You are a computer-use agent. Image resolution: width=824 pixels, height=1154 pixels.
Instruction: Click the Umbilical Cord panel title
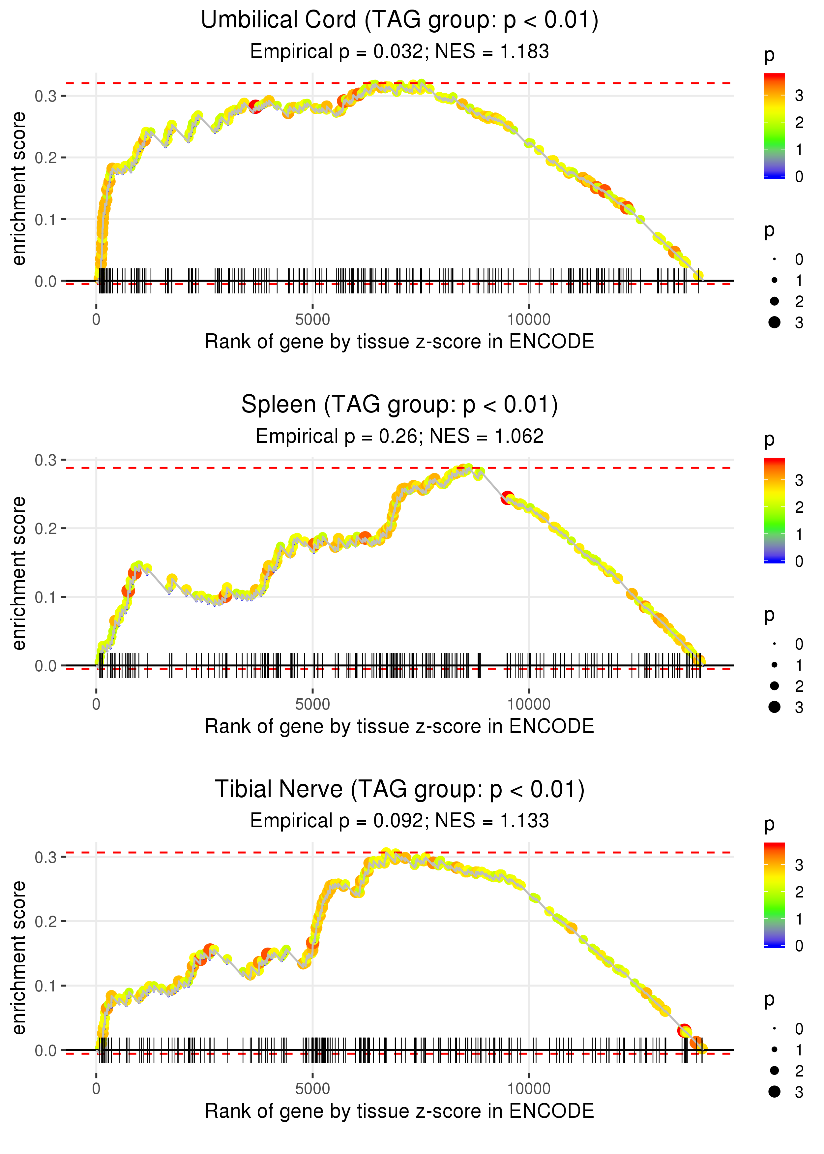coord(399,20)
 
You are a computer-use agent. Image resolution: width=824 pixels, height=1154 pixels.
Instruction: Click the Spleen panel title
coord(399,405)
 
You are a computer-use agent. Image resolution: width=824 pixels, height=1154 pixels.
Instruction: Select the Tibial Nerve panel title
coord(399,790)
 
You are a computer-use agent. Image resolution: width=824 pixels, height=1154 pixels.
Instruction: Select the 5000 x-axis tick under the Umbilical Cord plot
coord(312,320)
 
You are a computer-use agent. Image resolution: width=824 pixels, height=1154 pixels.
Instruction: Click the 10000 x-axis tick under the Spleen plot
coord(529,704)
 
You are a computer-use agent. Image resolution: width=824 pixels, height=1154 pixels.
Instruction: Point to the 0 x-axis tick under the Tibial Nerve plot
coord(96,1089)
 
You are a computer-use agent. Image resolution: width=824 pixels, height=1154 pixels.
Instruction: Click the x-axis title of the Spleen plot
coord(399,727)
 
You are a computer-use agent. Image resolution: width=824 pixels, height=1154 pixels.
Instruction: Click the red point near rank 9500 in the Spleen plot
coord(507,498)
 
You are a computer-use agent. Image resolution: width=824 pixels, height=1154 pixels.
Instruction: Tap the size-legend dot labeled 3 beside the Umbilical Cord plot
coord(774,322)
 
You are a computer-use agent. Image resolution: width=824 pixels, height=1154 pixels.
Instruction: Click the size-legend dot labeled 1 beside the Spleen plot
coord(774,665)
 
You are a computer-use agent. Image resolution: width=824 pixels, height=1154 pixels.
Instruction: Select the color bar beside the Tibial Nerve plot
coord(774,895)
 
